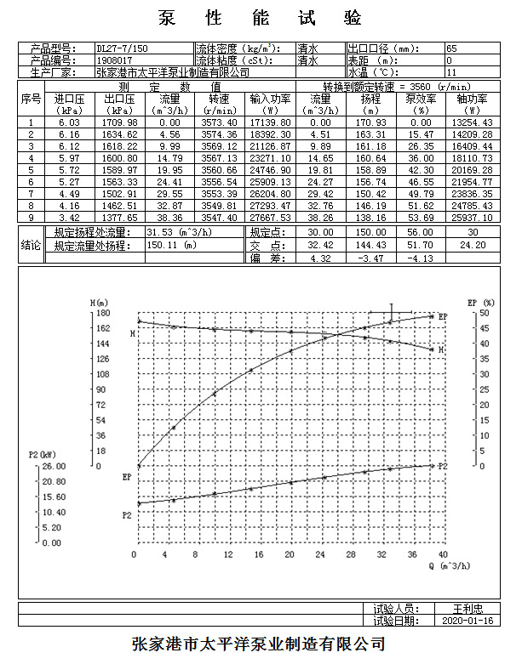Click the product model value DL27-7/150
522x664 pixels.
click(x=122, y=48)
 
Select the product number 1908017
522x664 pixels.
click(x=114, y=60)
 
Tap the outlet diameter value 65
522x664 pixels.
click(x=451, y=48)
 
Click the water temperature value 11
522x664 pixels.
click(x=451, y=72)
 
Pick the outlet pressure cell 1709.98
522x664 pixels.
click(x=119, y=122)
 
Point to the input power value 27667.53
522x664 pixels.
click(x=270, y=218)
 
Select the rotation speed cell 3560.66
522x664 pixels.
click(x=219, y=170)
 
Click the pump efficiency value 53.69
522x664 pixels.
click(x=421, y=218)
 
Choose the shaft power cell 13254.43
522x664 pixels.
click(x=472, y=122)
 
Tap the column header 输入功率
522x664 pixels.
click(x=270, y=99)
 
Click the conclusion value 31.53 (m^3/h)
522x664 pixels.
click(x=179, y=232)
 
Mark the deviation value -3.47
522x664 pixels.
click(x=370, y=258)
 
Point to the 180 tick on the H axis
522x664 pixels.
click(x=103, y=313)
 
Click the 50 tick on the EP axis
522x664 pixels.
click(x=485, y=313)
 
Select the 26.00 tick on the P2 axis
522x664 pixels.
click(x=54, y=466)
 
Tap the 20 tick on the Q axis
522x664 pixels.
click(x=290, y=554)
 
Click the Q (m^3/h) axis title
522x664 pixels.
click(x=450, y=565)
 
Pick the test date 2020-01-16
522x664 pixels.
click(x=468, y=621)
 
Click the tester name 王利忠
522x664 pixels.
click(x=468, y=609)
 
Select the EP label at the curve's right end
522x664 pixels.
click(x=443, y=317)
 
